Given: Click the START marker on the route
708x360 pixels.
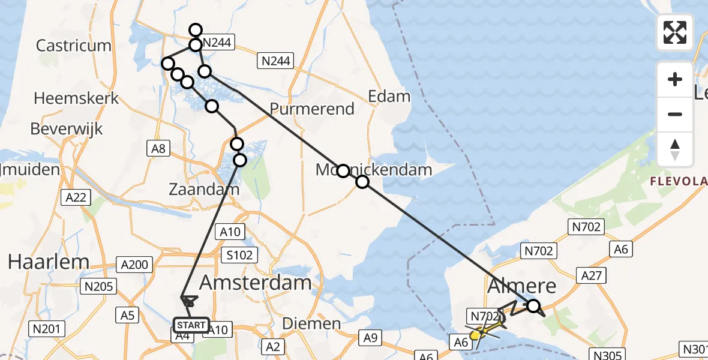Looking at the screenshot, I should point(191,325).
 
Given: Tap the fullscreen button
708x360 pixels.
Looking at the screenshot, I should point(675,32).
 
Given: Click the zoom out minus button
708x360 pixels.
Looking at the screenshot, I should point(675,114).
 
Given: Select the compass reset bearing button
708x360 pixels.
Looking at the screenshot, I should point(675,149).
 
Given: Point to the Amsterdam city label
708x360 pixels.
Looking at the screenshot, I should point(255,282).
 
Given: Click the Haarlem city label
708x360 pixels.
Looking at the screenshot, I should point(48,262).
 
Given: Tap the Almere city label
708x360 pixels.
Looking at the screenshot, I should point(521,286).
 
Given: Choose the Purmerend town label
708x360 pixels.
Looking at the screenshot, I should point(312,109).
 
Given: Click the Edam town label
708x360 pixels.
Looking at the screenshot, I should point(389,96).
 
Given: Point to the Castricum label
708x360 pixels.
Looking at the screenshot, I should point(74,46).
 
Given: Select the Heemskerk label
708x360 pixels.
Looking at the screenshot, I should point(77,98).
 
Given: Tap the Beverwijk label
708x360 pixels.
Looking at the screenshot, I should point(67,128).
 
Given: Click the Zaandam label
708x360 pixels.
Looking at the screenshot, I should point(204,190).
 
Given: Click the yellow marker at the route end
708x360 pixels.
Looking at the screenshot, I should point(475,335).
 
